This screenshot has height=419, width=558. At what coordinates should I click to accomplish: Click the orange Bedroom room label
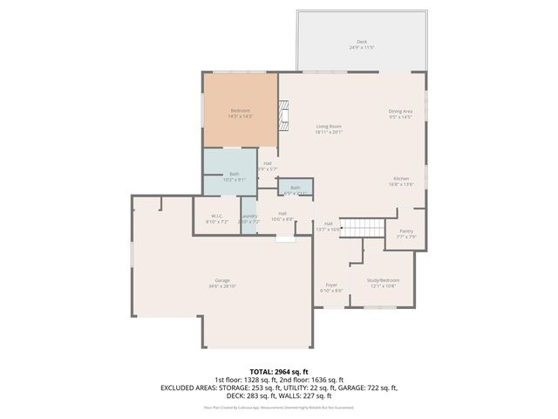[x=240, y=110]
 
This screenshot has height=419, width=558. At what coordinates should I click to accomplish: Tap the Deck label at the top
[x=361, y=42]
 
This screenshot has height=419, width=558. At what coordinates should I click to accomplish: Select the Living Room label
[x=329, y=127]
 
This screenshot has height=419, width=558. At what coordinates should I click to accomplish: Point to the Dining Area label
[x=400, y=111]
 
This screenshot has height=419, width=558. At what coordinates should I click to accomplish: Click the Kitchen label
[x=401, y=179]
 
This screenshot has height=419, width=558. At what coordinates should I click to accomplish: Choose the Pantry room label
[x=406, y=231]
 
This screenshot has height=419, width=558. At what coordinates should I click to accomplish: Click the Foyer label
[x=331, y=285]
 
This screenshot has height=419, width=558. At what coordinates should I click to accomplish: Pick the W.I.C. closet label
[x=218, y=216]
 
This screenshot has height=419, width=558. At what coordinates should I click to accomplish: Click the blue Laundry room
[x=249, y=218]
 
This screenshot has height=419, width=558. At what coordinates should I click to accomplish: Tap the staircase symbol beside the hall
[x=361, y=227]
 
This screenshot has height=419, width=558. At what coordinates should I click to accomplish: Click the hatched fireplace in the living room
[x=282, y=114]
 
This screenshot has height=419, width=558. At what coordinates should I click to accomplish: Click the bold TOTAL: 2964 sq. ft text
[x=279, y=371]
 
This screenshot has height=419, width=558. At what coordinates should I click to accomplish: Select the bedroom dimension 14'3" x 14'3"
[x=240, y=115]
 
